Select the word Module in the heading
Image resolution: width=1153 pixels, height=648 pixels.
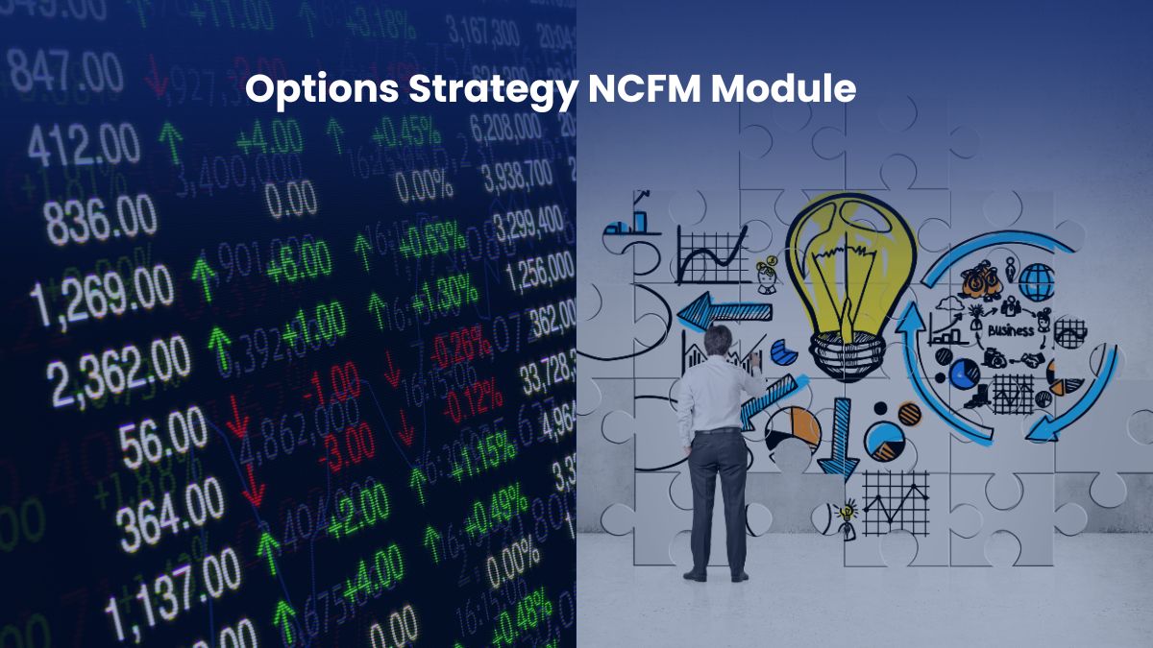[x=783, y=88]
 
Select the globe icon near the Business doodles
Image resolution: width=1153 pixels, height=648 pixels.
[x=1036, y=282]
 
